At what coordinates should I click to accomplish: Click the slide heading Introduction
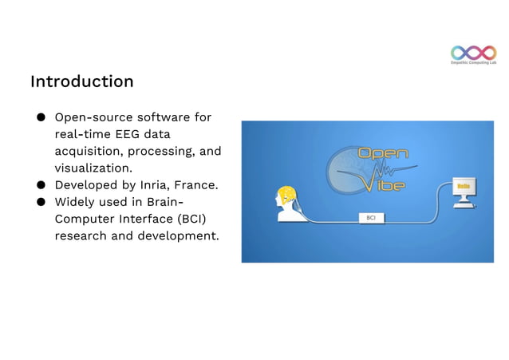81,81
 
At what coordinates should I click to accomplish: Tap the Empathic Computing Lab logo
473,54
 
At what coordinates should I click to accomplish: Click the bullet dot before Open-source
38,118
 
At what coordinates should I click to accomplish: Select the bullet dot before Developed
38,185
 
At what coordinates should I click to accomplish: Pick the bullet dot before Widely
38,202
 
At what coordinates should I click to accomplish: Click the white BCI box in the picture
371,217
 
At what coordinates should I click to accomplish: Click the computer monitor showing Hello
462,189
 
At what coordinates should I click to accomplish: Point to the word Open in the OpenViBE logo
383,153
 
